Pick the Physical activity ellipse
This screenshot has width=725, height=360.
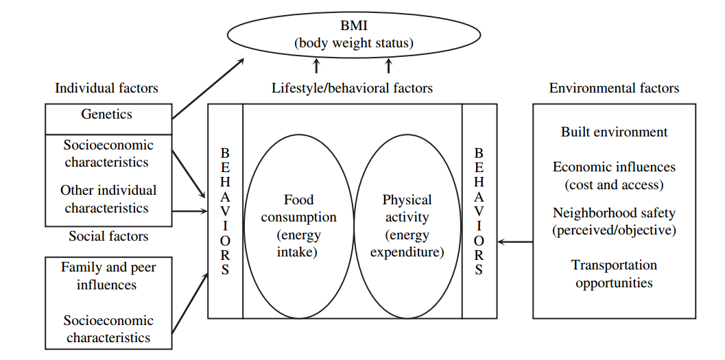407,226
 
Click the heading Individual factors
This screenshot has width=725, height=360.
106,88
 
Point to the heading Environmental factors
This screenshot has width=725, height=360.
614,88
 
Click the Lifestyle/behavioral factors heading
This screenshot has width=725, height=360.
352,88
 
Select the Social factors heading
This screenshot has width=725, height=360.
108,237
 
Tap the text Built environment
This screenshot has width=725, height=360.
614,132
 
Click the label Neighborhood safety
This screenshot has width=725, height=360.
614,213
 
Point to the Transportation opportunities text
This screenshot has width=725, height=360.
614,274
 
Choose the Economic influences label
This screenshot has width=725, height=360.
614,167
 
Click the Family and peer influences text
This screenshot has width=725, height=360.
108,276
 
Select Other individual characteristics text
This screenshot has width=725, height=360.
108,199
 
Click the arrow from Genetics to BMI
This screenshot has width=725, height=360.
208,88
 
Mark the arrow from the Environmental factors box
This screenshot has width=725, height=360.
515,241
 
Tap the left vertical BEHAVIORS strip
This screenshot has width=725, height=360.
226,211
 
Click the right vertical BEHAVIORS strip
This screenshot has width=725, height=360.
479,211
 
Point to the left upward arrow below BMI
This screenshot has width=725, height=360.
316,66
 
